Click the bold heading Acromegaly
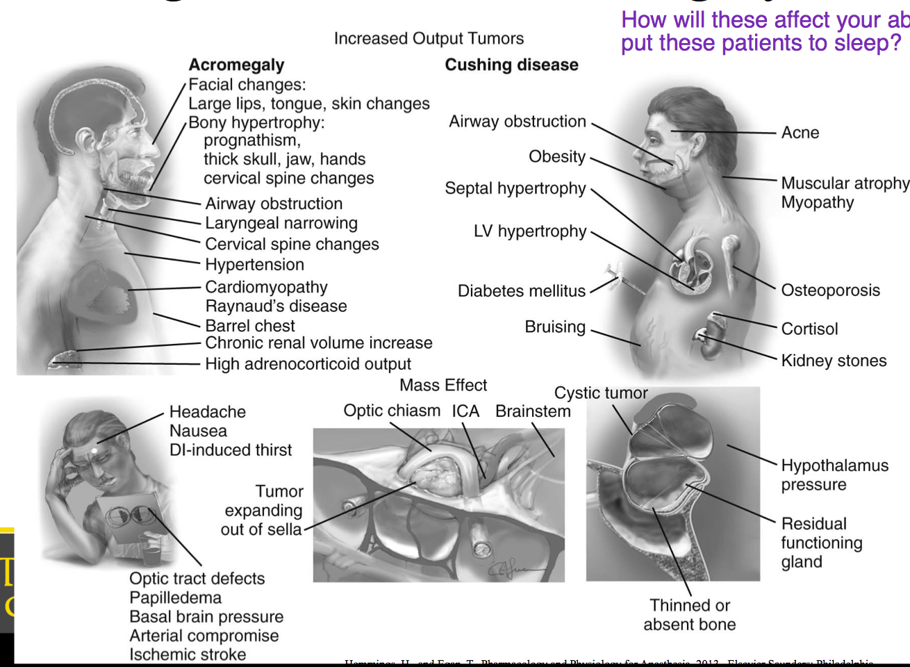tap(236, 65)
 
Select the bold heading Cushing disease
tap(511, 65)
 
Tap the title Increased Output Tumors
tap(429, 38)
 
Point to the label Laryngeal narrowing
tap(281, 223)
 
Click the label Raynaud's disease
tap(276, 306)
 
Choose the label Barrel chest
tap(250, 325)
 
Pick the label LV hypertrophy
tap(530, 231)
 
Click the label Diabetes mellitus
tap(521, 291)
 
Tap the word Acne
tap(800, 133)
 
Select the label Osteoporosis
tap(830, 290)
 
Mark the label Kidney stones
tap(834, 361)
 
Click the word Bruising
tap(555, 327)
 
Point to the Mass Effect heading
tap(443, 385)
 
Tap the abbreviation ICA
tap(465, 411)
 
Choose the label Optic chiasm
tap(392, 411)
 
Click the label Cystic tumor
tap(600, 393)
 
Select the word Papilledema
tap(175, 598)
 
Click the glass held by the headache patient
tap(151, 551)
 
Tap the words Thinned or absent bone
tap(689, 615)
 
